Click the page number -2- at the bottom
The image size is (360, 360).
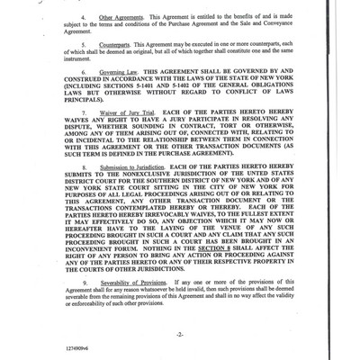[x=180, y=332]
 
